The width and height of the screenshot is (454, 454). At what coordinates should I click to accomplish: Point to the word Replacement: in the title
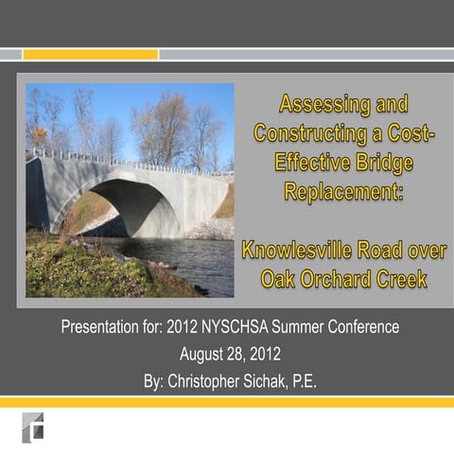pos(343,192)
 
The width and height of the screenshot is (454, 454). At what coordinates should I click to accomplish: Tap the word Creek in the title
pos(408,279)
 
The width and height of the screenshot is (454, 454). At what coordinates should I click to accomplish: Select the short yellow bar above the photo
pos(90,54)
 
